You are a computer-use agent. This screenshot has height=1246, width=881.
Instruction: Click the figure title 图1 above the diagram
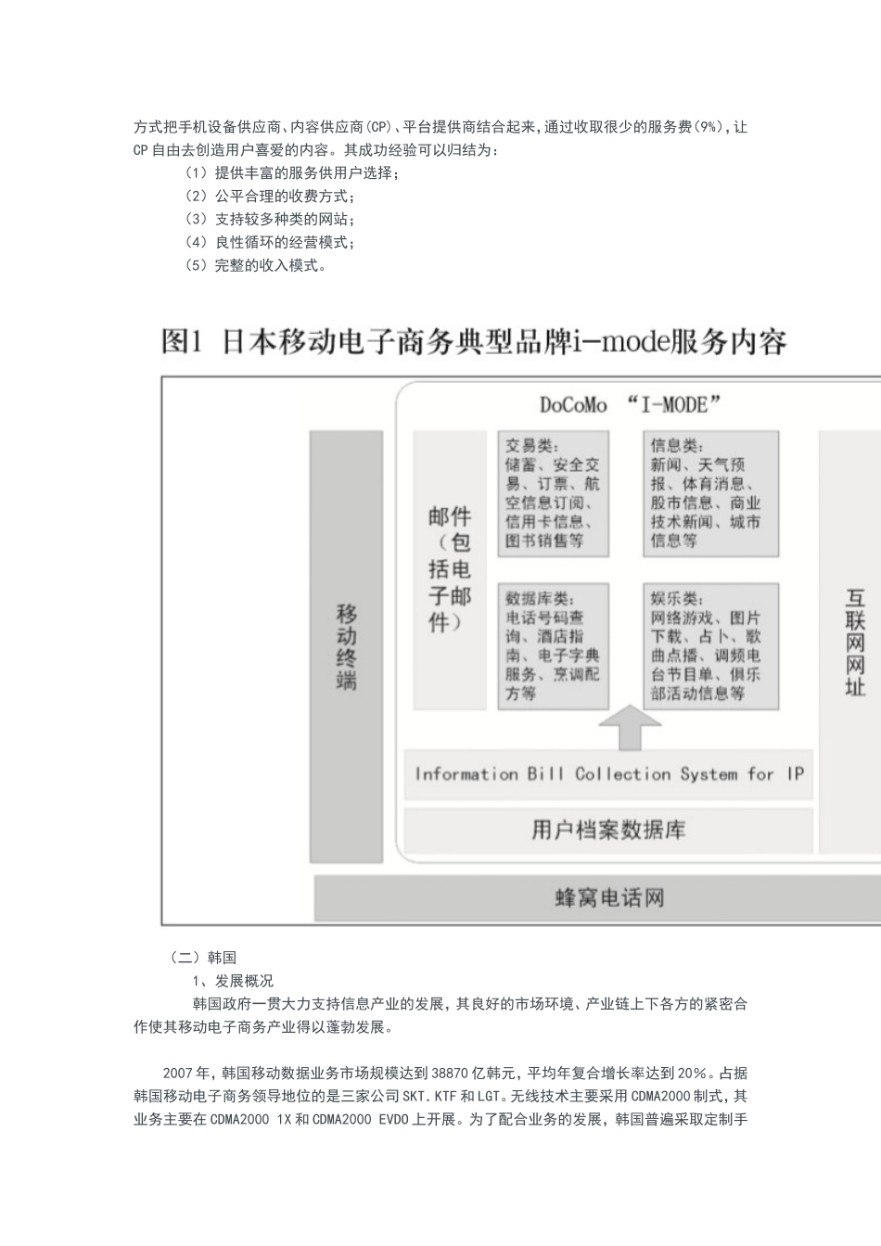click(x=474, y=341)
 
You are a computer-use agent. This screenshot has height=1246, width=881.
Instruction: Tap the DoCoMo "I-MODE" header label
click(x=630, y=405)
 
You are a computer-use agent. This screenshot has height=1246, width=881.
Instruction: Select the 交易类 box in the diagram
click(x=553, y=493)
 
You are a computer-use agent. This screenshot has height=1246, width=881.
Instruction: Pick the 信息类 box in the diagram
click(x=709, y=493)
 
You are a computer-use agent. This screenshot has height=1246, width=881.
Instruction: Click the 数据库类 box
click(x=553, y=645)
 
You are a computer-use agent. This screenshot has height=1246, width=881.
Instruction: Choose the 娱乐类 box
click(x=709, y=645)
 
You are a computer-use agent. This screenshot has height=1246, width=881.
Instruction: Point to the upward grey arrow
click(x=629, y=728)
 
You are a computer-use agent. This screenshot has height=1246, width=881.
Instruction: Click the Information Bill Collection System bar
click(x=608, y=774)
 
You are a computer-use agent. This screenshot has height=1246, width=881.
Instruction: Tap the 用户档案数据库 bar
click(x=608, y=830)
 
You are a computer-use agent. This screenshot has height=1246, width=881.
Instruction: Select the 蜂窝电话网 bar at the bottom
click(x=608, y=897)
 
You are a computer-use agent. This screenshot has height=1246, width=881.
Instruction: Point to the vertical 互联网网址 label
click(x=854, y=642)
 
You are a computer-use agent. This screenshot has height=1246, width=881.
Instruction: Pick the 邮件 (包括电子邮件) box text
click(x=450, y=569)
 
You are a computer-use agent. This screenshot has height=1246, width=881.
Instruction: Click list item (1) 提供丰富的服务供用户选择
click(x=292, y=173)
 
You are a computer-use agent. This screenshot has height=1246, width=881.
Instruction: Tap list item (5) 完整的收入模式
click(x=256, y=266)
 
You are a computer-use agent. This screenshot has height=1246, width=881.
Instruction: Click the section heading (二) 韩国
click(x=203, y=958)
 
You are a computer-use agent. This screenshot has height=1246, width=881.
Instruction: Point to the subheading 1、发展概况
click(x=232, y=981)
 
